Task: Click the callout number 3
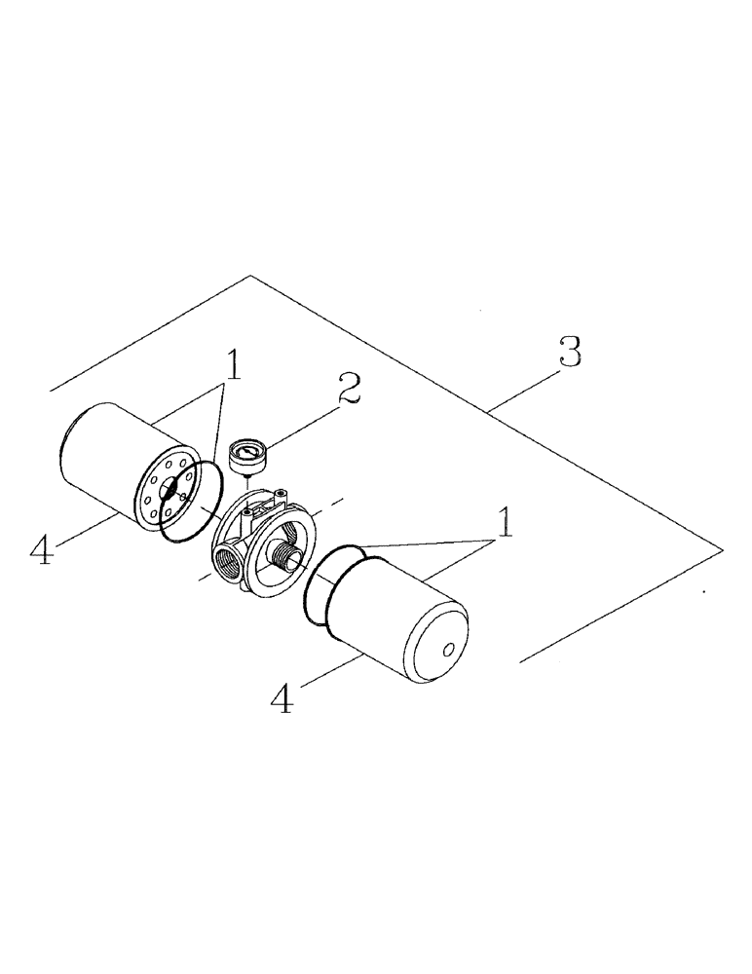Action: point(570,353)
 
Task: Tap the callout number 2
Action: point(348,389)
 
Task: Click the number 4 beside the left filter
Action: point(40,550)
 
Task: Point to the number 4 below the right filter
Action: point(281,698)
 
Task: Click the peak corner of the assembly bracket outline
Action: point(251,276)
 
